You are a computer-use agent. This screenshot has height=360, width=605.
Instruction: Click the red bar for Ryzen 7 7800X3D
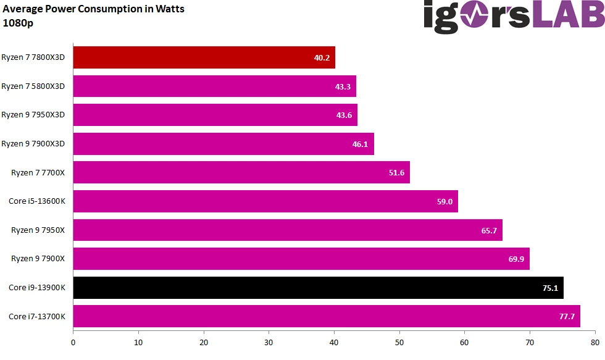click(204, 57)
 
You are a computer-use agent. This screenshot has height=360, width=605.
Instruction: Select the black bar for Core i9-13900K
click(318, 288)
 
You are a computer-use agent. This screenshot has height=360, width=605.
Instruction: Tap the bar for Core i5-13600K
click(265, 201)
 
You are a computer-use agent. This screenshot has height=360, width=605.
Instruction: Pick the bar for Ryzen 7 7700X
click(241, 172)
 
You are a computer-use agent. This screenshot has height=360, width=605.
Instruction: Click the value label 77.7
click(567, 317)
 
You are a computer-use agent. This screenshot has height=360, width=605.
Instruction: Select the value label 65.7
click(489, 230)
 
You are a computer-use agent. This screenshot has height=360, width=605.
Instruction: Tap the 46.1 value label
click(361, 144)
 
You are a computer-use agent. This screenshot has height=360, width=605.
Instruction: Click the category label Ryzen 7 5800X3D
click(37, 86)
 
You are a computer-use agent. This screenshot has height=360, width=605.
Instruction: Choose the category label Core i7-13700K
click(37, 316)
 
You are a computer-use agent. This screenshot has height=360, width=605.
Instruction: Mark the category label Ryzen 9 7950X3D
click(37, 115)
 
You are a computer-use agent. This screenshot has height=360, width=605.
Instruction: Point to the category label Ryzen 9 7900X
click(38, 259)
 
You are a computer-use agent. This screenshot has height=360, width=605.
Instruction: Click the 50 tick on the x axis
click(399, 341)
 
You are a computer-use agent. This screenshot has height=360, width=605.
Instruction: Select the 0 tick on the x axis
click(73, 341)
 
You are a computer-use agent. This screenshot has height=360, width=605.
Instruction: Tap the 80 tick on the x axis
click(595, 341)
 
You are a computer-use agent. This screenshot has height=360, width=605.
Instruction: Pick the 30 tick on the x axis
click(269, 341)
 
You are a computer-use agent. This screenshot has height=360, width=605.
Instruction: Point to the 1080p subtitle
click(18, 23)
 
